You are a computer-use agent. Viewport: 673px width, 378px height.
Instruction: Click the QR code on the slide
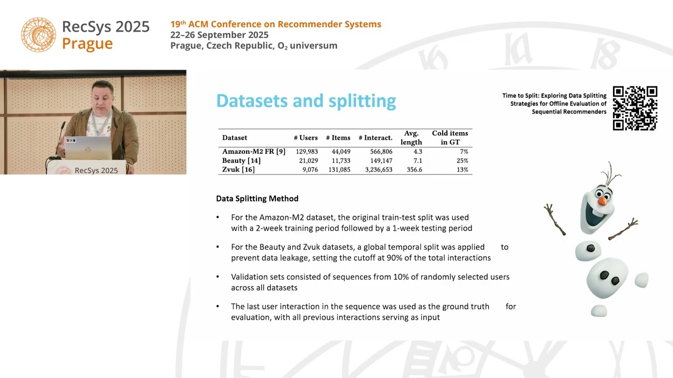[x=635, y=108]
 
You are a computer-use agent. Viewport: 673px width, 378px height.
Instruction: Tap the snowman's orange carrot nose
[x=603, y=201]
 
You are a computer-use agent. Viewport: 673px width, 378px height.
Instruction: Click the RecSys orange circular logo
[x=38, y=35]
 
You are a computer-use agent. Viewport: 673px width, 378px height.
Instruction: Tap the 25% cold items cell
[x=462, y=161]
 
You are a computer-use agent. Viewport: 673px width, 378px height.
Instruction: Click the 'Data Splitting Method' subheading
[x=257, y=198]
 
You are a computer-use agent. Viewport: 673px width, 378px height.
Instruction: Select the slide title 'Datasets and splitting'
[x=306, y=101]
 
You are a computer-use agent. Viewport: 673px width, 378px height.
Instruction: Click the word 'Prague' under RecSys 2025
[x=87, y=44]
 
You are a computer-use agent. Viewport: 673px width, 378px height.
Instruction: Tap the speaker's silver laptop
[x=88, y=148]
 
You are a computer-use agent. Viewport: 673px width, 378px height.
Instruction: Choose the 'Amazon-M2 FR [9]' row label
[x=253, y=151]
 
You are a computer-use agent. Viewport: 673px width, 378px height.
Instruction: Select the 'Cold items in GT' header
[x=450, y=138]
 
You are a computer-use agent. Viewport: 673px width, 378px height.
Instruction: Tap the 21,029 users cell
[x=308, y=161]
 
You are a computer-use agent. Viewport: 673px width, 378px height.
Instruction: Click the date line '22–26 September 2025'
[x=219, y=35]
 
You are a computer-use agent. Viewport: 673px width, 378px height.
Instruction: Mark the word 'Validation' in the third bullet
[x=249, y=277]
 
